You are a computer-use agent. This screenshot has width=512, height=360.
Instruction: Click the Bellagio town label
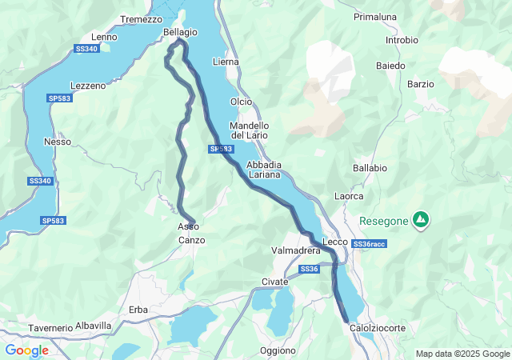pyautogui.click(x=180, y=32)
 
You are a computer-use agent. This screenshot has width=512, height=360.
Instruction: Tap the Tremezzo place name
pyautogui.click(x=141, y=19)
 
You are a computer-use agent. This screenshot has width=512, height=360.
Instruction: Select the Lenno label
pyautogui.click(x=104, y=37)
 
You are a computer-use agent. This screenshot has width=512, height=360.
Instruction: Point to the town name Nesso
pyautogui.click(x=58, y=142)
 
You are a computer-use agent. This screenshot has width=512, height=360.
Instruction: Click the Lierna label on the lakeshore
pyautogui.click(x=226, y=62)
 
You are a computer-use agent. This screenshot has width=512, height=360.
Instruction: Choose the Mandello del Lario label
pyautogui.click(x=249, y=130)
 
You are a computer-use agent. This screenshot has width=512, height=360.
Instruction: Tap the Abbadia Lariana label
pyautogui.click(x=263, y=170)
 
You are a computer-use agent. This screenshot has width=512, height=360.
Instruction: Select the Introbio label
pyautogui.click(x=402, y=40)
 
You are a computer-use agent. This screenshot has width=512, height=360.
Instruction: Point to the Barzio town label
pyautogui.click(x=420, y=83)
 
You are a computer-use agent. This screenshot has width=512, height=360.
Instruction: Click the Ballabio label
pyautogui.click(x=370, y=169)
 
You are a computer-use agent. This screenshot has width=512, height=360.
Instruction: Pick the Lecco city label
pyautogui.click(x=334, y=242)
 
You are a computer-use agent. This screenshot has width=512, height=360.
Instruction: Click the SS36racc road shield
pyautogui.click(x=369, y=243)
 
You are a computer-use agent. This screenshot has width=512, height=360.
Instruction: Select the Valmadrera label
pyautogui.click(x=296, y=251)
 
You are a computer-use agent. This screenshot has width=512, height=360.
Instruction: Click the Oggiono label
pyautogui.click(x=278, y=350)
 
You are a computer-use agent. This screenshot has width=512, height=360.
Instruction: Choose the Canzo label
pyautogui.click(x=191, y=240)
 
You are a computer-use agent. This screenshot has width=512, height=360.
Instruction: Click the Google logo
pyautogui.click(x=26, y=350)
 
